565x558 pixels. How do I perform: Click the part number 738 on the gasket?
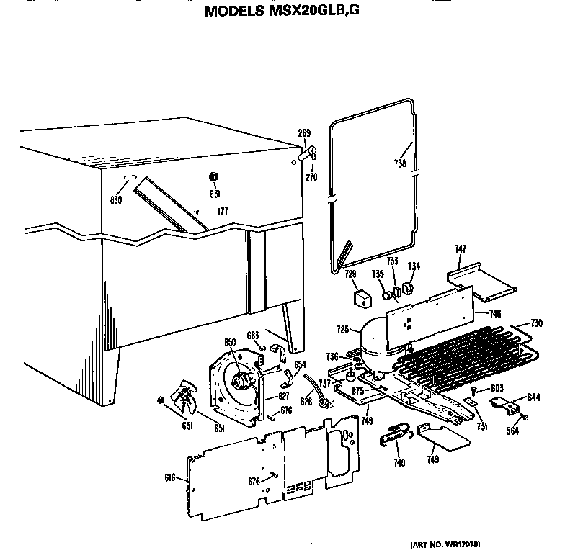coord(401,163)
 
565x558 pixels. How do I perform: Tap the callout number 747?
coord(460,249)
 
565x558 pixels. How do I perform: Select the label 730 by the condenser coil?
coord(537,322)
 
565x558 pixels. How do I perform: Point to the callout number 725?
coord(343,330)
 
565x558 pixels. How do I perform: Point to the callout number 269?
coord(305,132)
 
